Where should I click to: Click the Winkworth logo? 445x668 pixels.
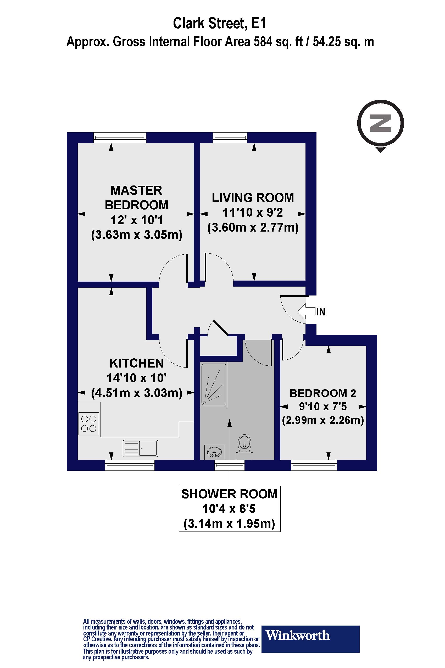pyautogui.click(x=310, y=635)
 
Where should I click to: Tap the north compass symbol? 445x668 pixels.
pyautogui.click(x=380, y=124)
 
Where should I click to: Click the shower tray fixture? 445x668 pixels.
pyautogui.click(x=214, y=384)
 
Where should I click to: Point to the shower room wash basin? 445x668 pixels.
pyautogui.click(x=214, y=452)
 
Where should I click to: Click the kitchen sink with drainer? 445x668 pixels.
pyautogui.click(x=141, y=448)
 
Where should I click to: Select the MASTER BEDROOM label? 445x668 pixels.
pyautogui.click(x=136, y=198)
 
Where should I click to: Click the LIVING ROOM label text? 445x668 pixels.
pyautogui.click(x=253, y=198)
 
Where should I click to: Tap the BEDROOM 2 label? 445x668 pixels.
pyautogui.click(x=323, y=393)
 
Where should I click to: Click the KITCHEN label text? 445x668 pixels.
pyautogui.click(x=136, y=363)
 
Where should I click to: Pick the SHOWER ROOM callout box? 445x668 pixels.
pyautogui.click(x=230, y=509)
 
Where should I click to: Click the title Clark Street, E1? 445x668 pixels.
pyautogui.click(x=220, y=23)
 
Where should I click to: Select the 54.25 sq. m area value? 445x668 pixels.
pyautogui.click(x=343, y=42)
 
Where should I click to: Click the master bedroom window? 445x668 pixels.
pyautogui.click(x=120, y=138)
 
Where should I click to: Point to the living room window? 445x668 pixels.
pyautogui.click(x=230, y=138)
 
